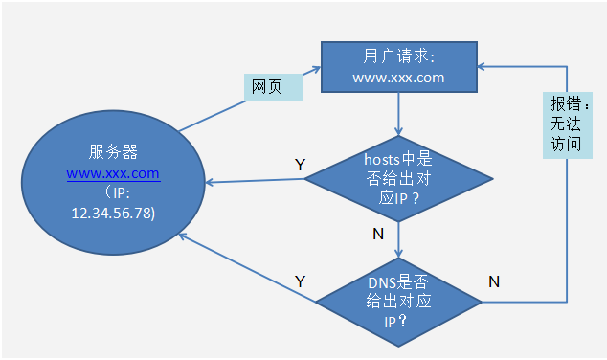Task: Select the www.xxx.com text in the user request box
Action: click(x=398, y=78)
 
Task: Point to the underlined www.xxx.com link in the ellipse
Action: click(x=113, y=173)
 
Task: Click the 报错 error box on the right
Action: click(x=564, y=124)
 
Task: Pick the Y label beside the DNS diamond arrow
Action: click(x=300, y=281)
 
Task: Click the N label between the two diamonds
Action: click(x=379, y=234)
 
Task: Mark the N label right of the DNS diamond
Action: click(x=494, y=281)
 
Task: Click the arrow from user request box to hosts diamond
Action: click(x=398, y=115)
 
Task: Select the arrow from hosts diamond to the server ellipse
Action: click(x=259, y=182)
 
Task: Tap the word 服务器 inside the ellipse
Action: click(x=113, y=152)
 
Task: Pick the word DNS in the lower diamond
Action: click(x=383, y=282)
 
